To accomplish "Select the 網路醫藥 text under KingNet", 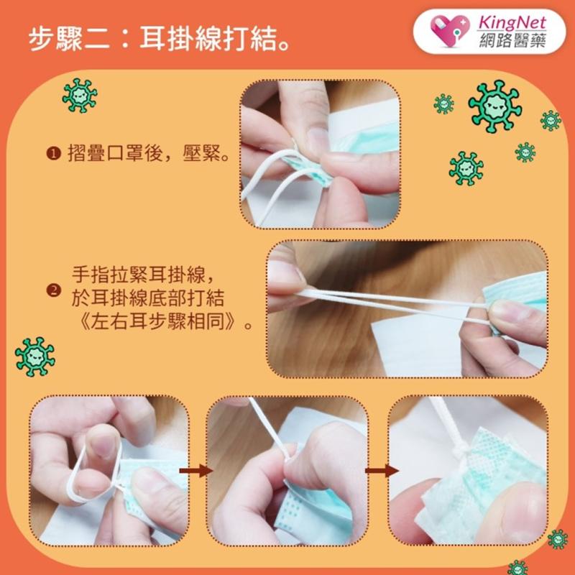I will (x=512, y=40).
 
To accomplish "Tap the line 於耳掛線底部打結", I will (x=152, y=297).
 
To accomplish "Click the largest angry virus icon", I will (x=494, y=105).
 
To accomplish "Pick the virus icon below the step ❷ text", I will (x=34, y=356).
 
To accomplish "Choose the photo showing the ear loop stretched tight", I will (x=407, y=309).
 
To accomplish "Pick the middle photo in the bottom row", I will (x=287, y=471).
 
